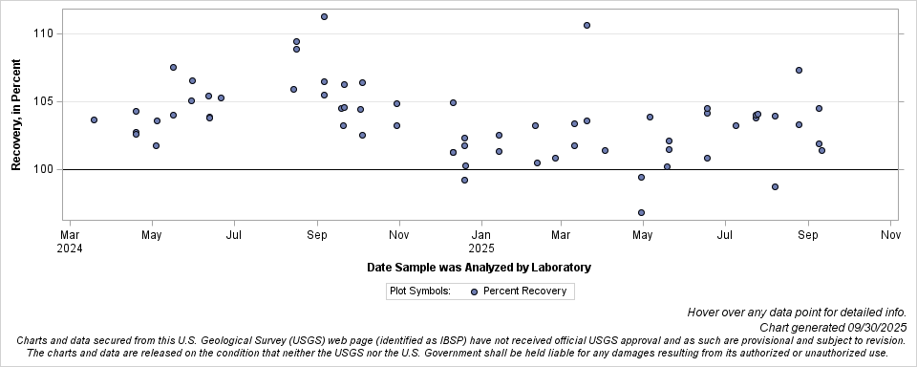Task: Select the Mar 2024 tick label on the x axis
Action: pos(70,241)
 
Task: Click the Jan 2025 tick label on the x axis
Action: pos(481,241)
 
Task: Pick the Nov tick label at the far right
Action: pos(890,234)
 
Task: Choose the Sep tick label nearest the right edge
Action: pos(808,234)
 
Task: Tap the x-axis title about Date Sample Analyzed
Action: pos(479,268)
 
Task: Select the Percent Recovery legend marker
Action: pos(474,291)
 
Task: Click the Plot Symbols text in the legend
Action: pos(420,291)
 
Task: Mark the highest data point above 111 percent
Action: pos(324,16)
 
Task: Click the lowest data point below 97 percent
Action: pos(641,212)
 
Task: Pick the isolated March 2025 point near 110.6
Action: pos(586,25)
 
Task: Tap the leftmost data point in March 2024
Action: pos(94,119)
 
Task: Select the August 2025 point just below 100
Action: pos(775,186)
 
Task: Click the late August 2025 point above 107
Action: pos(799,70)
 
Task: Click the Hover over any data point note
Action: pos(801,313)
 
